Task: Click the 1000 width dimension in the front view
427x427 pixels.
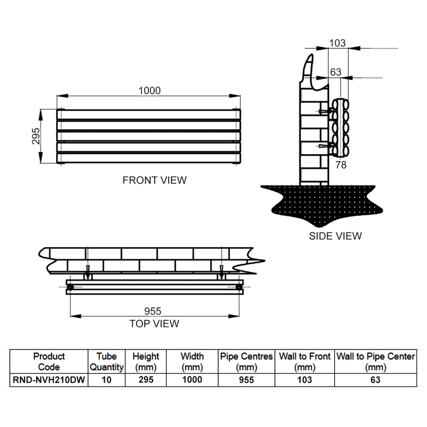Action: pyautogui.click(x=149, y=91)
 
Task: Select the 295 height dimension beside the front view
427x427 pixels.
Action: pyautogui.click(x=35, y=137)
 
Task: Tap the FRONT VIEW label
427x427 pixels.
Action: pyautogui.click(x=155, y=180)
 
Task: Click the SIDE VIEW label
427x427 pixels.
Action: pyautogui.click(x=335, y=235)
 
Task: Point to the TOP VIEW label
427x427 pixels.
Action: pyautogui.click(x=154, y=323)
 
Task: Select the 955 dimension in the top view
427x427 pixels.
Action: pyautogui.click(x=153, y=311)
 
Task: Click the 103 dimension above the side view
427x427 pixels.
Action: pyautogui.click(x=337, y=43)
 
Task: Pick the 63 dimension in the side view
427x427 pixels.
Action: pyautogui.click(x=336, y=72)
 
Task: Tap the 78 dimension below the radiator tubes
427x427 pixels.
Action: pyautogui.click(x=341, y=165)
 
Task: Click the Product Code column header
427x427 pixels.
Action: pyautogui.click(x=49, y=361)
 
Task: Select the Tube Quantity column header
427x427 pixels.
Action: pyautogui.click(x=107, y=361)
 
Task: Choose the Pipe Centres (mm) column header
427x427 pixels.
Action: pyautogui.click(x=246, y=361)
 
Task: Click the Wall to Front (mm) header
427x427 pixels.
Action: pyautogui.click(x=305, y=361)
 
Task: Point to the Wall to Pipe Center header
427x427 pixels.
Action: pyautogui.click(x=375, y=361)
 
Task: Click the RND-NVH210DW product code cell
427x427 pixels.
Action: pyautogui.click(x=49, y=380)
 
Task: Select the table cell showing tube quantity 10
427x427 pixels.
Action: pyautogui.click(x=107, y=380)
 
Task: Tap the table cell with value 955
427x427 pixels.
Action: pyautogui.click(x=246, y=380)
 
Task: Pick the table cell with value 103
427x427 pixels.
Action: pyautogui.click(x=305, y=380)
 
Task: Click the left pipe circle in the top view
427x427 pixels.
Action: pyautogui.click(x=70, y=288)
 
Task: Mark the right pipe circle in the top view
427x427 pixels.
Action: pyautogui.click(x=238, y=288)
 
